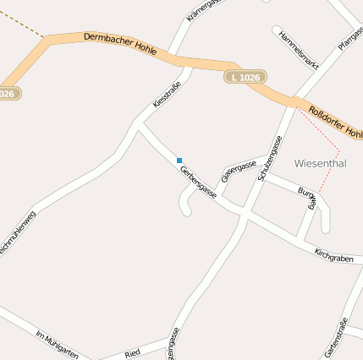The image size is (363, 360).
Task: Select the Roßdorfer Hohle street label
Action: pyautogui.click(x=335, y=123)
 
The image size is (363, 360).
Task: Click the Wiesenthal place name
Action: pyautogui.click(x=321, y=163)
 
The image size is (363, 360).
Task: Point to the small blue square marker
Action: pyautogui.click(x=179, y=160)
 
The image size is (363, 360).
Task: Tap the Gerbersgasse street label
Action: pyautogui.click(x=198, y=182)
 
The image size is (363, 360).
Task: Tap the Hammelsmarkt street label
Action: pyautogui.click(x=299, y=47)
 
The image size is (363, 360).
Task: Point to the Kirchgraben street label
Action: pyautogui.click(x=333, y=256)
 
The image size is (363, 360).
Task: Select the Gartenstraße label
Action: pyautogui.click(x=337, y=335)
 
